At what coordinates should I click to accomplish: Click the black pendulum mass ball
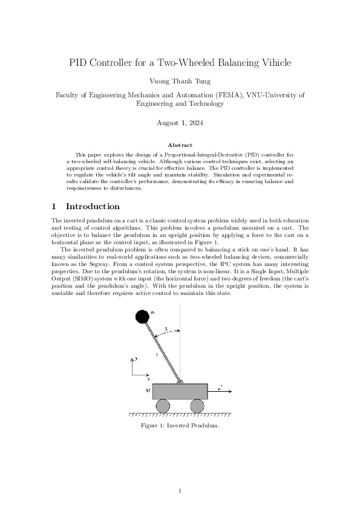point(142,316)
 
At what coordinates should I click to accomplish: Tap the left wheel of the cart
point(163,406)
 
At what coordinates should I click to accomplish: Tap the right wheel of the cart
point(197,406)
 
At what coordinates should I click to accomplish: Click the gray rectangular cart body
point(180,391)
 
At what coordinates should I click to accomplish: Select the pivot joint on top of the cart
point(180,381)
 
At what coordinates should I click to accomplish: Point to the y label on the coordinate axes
point(137,358)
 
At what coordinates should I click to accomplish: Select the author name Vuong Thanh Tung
point(180,80)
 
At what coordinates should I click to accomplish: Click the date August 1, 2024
point(180,123)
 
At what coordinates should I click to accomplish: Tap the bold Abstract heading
point(180,145)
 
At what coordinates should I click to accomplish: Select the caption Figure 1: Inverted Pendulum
point(180,426)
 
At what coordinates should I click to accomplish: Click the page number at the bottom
point(180,490)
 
